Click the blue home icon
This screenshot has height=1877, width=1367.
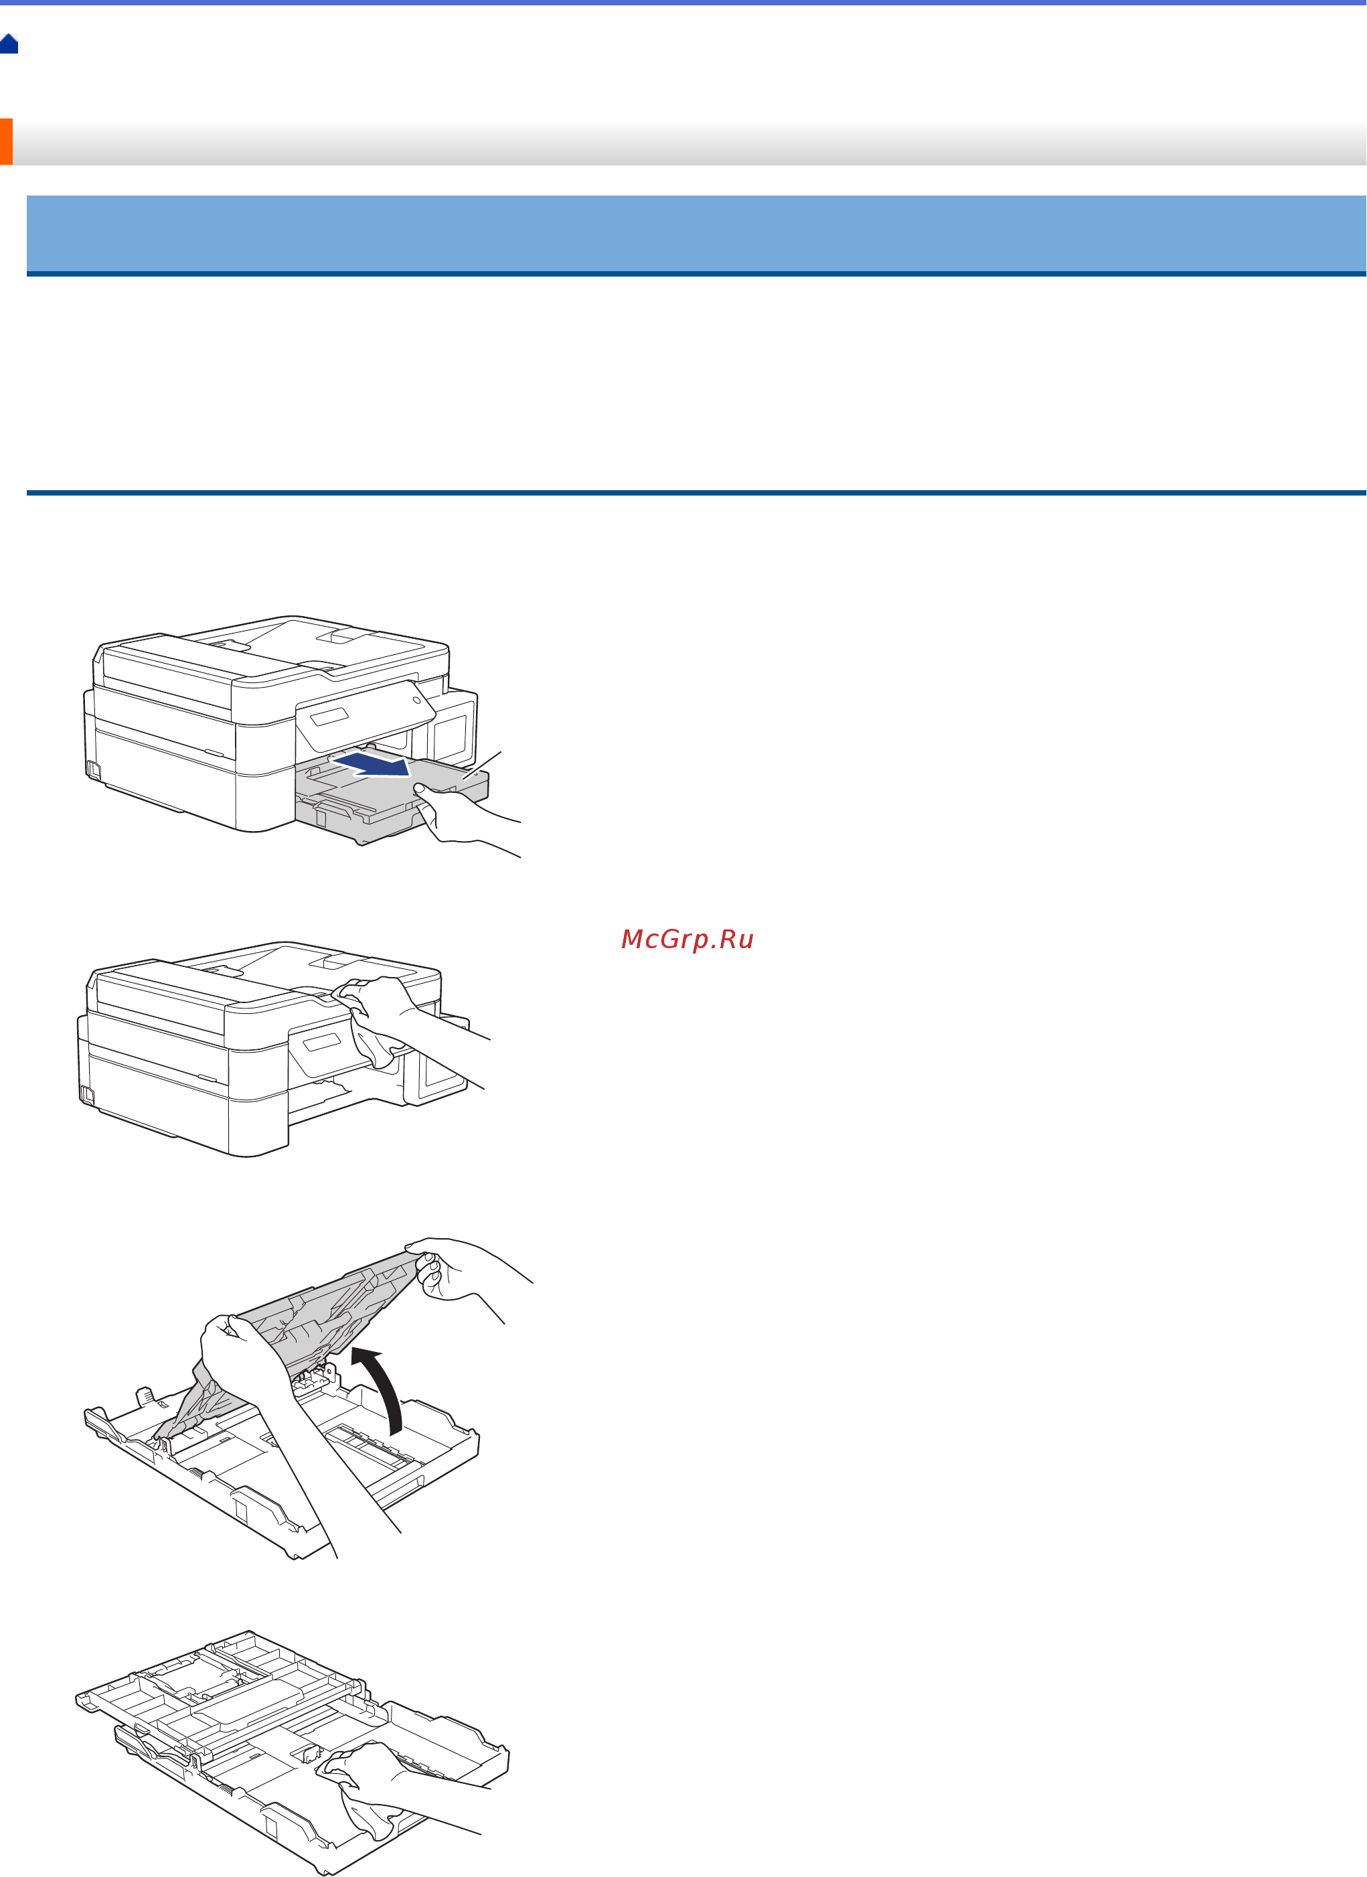click(9, 44)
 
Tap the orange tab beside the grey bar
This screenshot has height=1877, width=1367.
click(6, 141)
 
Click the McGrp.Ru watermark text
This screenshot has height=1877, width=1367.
click(687, 940)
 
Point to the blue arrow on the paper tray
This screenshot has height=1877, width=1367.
click(372, 763)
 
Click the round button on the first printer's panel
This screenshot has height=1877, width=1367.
click(416, 700)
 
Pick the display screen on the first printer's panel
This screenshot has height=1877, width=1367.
click(329, 717)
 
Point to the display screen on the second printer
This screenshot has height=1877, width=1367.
click(321, 1043)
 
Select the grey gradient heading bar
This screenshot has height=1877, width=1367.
click(687, 141)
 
